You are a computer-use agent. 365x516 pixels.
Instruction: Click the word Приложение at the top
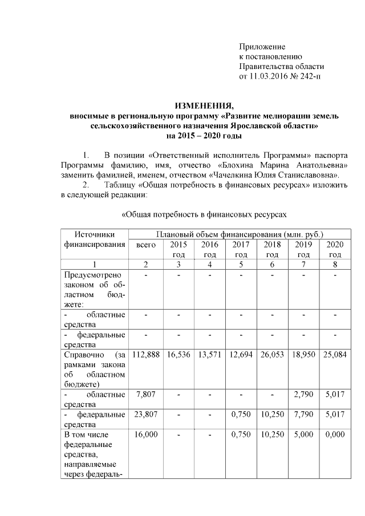(x=262, y=47)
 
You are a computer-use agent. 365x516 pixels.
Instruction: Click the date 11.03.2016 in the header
(x=270, y=76)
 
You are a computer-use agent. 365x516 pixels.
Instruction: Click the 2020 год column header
(x=335, y=249)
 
